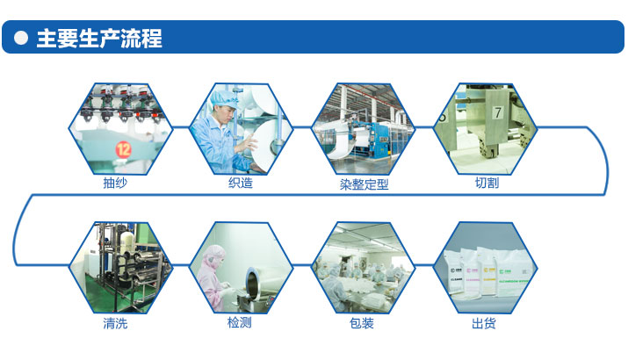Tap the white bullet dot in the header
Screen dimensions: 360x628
coord(21,39)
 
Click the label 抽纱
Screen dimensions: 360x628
coord(115,184)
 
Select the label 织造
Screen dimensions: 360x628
coord(240,184)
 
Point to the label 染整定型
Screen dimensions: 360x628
coord(364,184)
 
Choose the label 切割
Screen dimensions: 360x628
coord(486,184)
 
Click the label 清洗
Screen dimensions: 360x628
coord(115,323)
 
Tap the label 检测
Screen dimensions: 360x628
coord(239,323)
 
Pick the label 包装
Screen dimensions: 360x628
coord(362,323)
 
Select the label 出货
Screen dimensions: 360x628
coord(484,323)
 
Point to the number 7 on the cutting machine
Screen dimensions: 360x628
coord(496,112)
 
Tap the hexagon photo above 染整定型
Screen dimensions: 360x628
coord(363,128)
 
